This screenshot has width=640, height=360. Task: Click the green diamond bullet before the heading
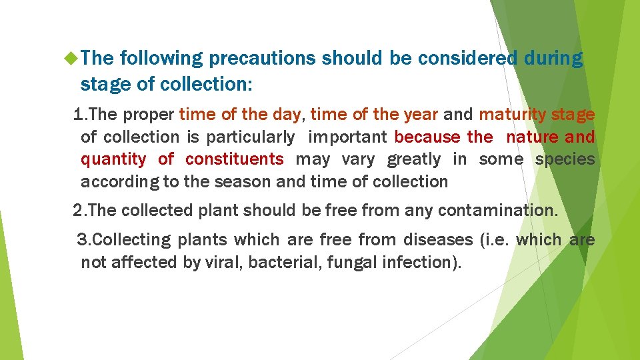pos(71,59)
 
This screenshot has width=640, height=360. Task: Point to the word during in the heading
pos(553,59)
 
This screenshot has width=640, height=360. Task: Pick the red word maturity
pos(513,115)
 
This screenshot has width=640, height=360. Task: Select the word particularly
pos(250,137)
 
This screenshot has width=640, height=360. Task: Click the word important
pos(347,137)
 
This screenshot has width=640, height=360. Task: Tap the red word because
pos(427,137)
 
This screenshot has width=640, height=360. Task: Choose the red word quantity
pos(113,159)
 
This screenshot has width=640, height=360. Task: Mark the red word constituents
pos(234,159)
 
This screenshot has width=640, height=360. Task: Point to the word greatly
pos(414,159)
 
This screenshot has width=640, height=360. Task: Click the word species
pos(565,159)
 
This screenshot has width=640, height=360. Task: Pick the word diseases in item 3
pos(432,239)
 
